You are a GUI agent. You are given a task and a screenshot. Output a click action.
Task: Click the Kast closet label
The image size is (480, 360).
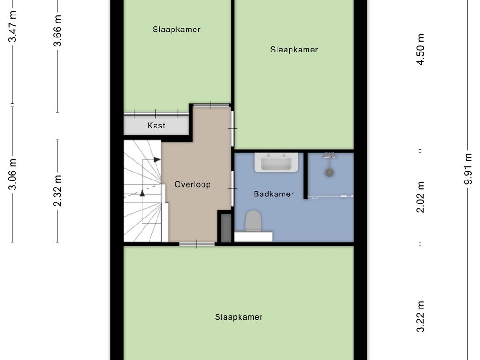156,125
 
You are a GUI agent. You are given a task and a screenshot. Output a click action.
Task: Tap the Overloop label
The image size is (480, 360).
193,184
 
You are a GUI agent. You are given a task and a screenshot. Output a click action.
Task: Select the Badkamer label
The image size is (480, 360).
274,194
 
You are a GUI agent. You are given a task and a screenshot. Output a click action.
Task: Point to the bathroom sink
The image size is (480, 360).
276,162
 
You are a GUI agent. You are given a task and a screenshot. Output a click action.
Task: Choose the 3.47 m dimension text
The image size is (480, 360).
12,26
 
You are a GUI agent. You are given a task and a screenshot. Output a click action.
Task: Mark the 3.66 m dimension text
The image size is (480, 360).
57,30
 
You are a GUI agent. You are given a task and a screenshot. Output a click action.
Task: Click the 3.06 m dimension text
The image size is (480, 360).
12,174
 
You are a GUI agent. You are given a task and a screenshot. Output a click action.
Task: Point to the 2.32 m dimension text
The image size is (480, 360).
57,191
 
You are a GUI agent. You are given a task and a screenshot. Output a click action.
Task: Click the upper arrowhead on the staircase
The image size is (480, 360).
157,159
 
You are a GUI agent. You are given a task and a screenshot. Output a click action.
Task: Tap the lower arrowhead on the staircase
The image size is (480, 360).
142,193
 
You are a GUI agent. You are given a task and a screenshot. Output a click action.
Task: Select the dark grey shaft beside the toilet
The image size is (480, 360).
226,228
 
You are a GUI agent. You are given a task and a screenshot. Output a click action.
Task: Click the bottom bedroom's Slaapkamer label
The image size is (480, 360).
239,317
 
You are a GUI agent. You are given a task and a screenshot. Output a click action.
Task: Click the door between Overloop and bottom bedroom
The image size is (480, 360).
197,244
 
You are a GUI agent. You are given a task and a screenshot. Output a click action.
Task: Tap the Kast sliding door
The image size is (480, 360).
156,114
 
